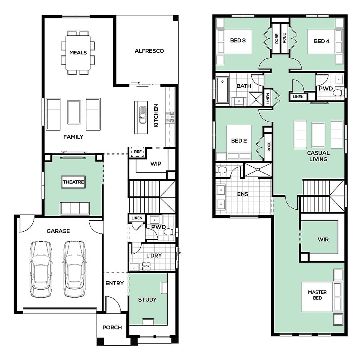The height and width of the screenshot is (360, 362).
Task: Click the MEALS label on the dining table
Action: [x=78, y=53]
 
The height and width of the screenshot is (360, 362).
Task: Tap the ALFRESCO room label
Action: [x=149, y=51]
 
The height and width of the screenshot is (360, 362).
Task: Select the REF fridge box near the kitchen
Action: [x=138, y=152]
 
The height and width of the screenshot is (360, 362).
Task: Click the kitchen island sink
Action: [x=143, y=114]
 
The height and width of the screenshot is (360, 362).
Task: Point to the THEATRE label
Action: [x=74, y=182]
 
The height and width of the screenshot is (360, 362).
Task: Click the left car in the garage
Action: [x=41, y=269]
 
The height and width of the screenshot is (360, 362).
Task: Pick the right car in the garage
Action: [x=74, y=269]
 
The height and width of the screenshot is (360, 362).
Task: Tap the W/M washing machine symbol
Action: [x=146, y=266]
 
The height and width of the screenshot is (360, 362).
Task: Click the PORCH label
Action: [x=112, y=328]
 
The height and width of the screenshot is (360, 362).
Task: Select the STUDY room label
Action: [x=147, y=300]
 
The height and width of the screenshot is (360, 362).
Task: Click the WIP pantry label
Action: [x=156, y=164]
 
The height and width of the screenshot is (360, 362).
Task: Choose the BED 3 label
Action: [x=238, y=40]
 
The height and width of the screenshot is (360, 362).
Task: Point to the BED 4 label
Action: [x=322, y=41]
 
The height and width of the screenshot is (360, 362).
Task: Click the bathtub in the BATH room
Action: [x=222, y=90]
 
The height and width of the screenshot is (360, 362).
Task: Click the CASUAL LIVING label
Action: [x=318, y=156]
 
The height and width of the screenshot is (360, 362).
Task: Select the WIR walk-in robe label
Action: [x=323, y=240]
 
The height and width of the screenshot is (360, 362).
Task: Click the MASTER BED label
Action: [x=317, y=295]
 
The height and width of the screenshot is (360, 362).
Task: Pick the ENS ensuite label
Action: [x=242, y=194]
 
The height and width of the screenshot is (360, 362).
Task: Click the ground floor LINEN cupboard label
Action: [x=137, y=218]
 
